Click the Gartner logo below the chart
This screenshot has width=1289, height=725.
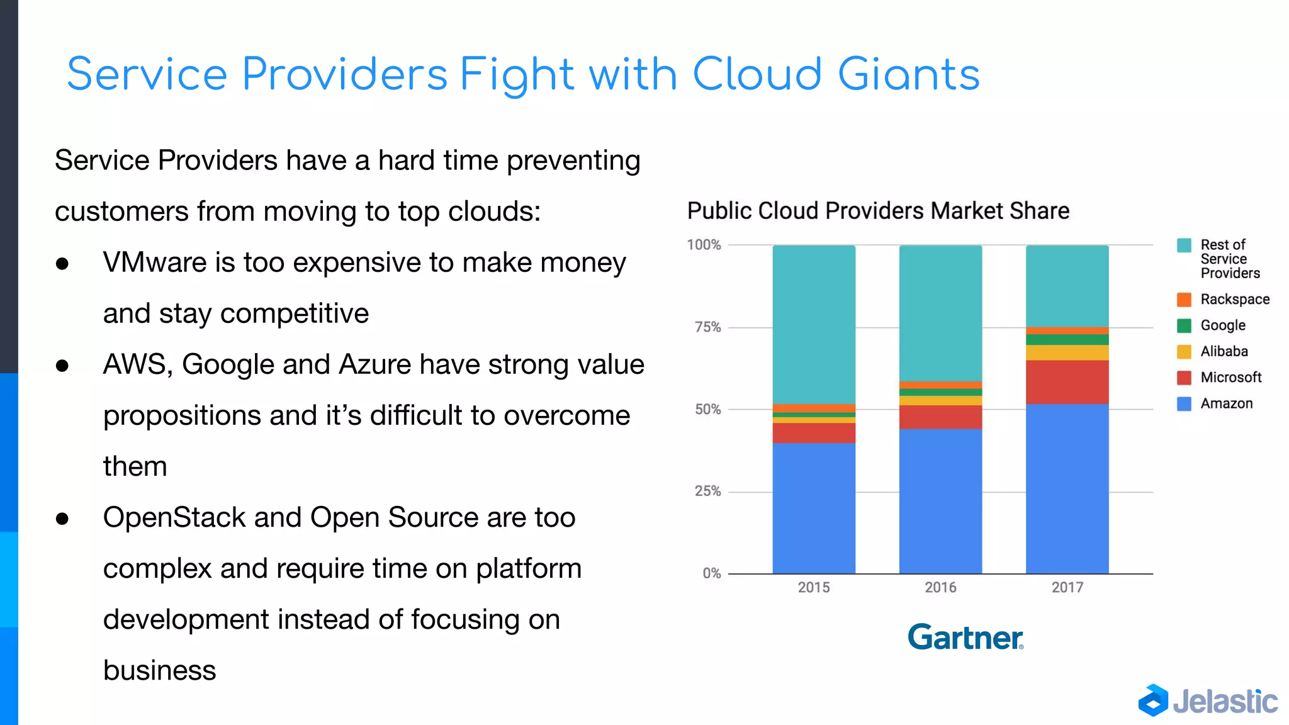[x=965, y=637]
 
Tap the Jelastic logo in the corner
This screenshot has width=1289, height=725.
[x=1208, y=700]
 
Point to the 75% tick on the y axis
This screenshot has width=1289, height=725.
[x=707, y=327]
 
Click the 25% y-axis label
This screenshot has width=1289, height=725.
[x=707, y=491]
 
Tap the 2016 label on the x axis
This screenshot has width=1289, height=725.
[x=940, y=587]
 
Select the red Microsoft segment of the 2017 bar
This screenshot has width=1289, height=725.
[x=1067, y=382]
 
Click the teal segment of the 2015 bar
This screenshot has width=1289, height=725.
[x=814, y=324]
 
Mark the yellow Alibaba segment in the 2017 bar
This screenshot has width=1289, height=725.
[x=1067, y=352]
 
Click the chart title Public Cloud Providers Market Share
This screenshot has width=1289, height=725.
[x=878, y=211]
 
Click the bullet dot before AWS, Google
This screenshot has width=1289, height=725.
[x=62, y=366]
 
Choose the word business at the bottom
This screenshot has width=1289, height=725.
[x=159, y=670]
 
